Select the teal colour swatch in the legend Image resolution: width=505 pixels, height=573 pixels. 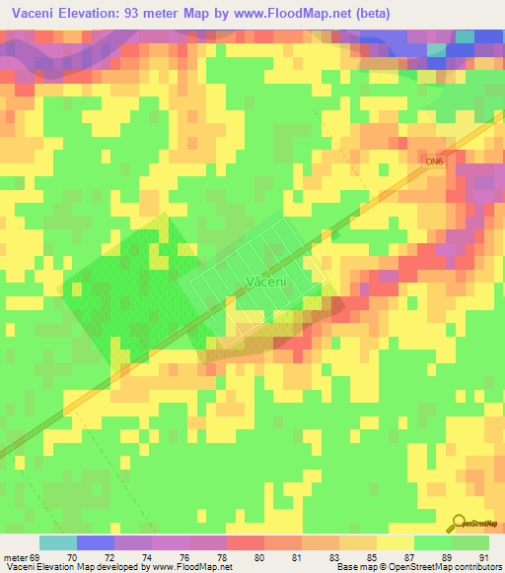pyautogui.click(x=58, y=542)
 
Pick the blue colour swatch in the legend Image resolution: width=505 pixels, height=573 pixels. pyautogui.click(x=96, y=542)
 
